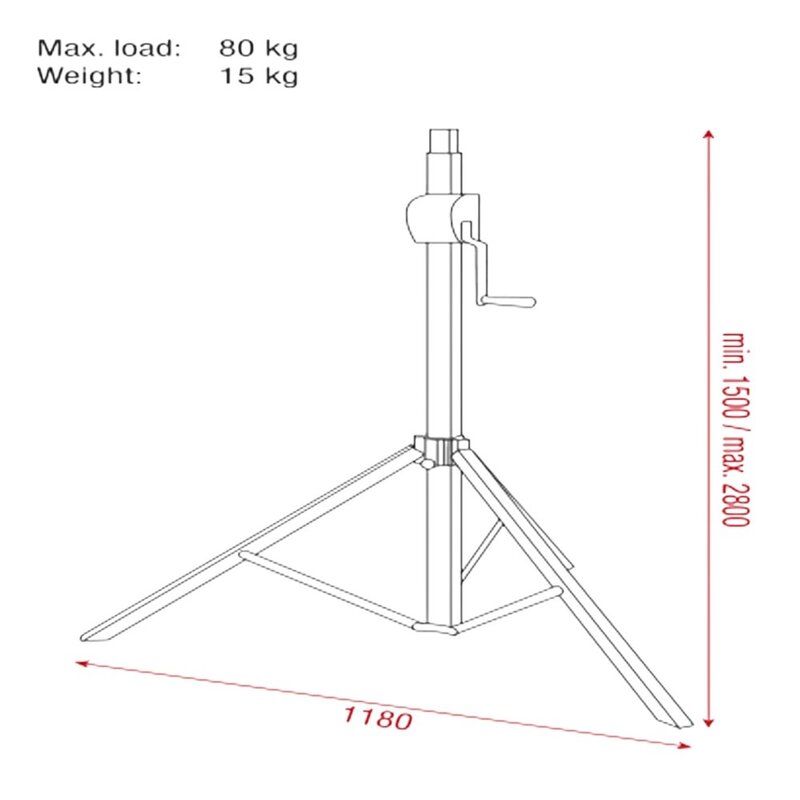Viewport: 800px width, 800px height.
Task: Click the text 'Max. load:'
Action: click(x=109, y=47)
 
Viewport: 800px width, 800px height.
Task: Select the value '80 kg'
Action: click(x=258, y=47)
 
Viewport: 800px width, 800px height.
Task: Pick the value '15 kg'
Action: click(x=258, y=75)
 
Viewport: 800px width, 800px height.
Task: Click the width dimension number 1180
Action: click(x=377, y=717)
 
